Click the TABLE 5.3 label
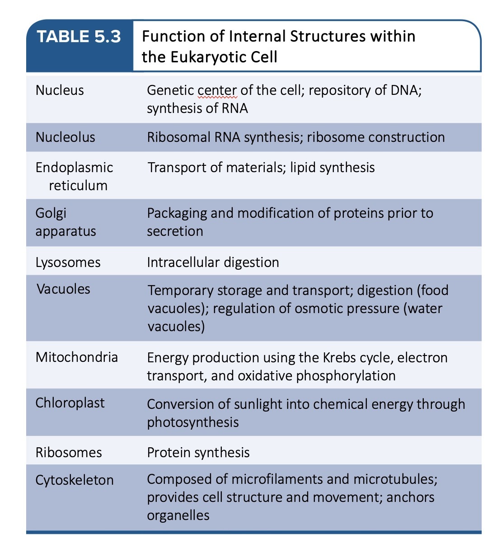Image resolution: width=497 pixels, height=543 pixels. pos(79,37)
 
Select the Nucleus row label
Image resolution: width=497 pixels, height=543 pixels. pos(60,90)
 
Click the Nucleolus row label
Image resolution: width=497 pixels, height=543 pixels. pos(66,137)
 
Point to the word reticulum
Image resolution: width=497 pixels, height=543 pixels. pos(78,185)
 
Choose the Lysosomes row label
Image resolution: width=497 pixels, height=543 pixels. pos(68,262)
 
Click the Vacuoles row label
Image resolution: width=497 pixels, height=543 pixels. pos(64,289)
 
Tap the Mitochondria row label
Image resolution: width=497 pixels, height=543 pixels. pos(77,357)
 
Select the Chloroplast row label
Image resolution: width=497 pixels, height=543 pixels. pos(70,403)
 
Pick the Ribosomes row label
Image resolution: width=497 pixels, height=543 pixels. pos(69,452)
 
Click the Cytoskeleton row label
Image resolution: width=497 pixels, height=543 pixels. pos(75,479)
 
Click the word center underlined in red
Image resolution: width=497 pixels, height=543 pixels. pos(217,90)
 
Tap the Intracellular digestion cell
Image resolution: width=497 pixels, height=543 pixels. pos(213,262)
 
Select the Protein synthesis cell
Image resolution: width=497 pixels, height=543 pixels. pos(198,452)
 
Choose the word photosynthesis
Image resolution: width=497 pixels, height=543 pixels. pos(193,422)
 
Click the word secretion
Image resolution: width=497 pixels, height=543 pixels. pos(175,231)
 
